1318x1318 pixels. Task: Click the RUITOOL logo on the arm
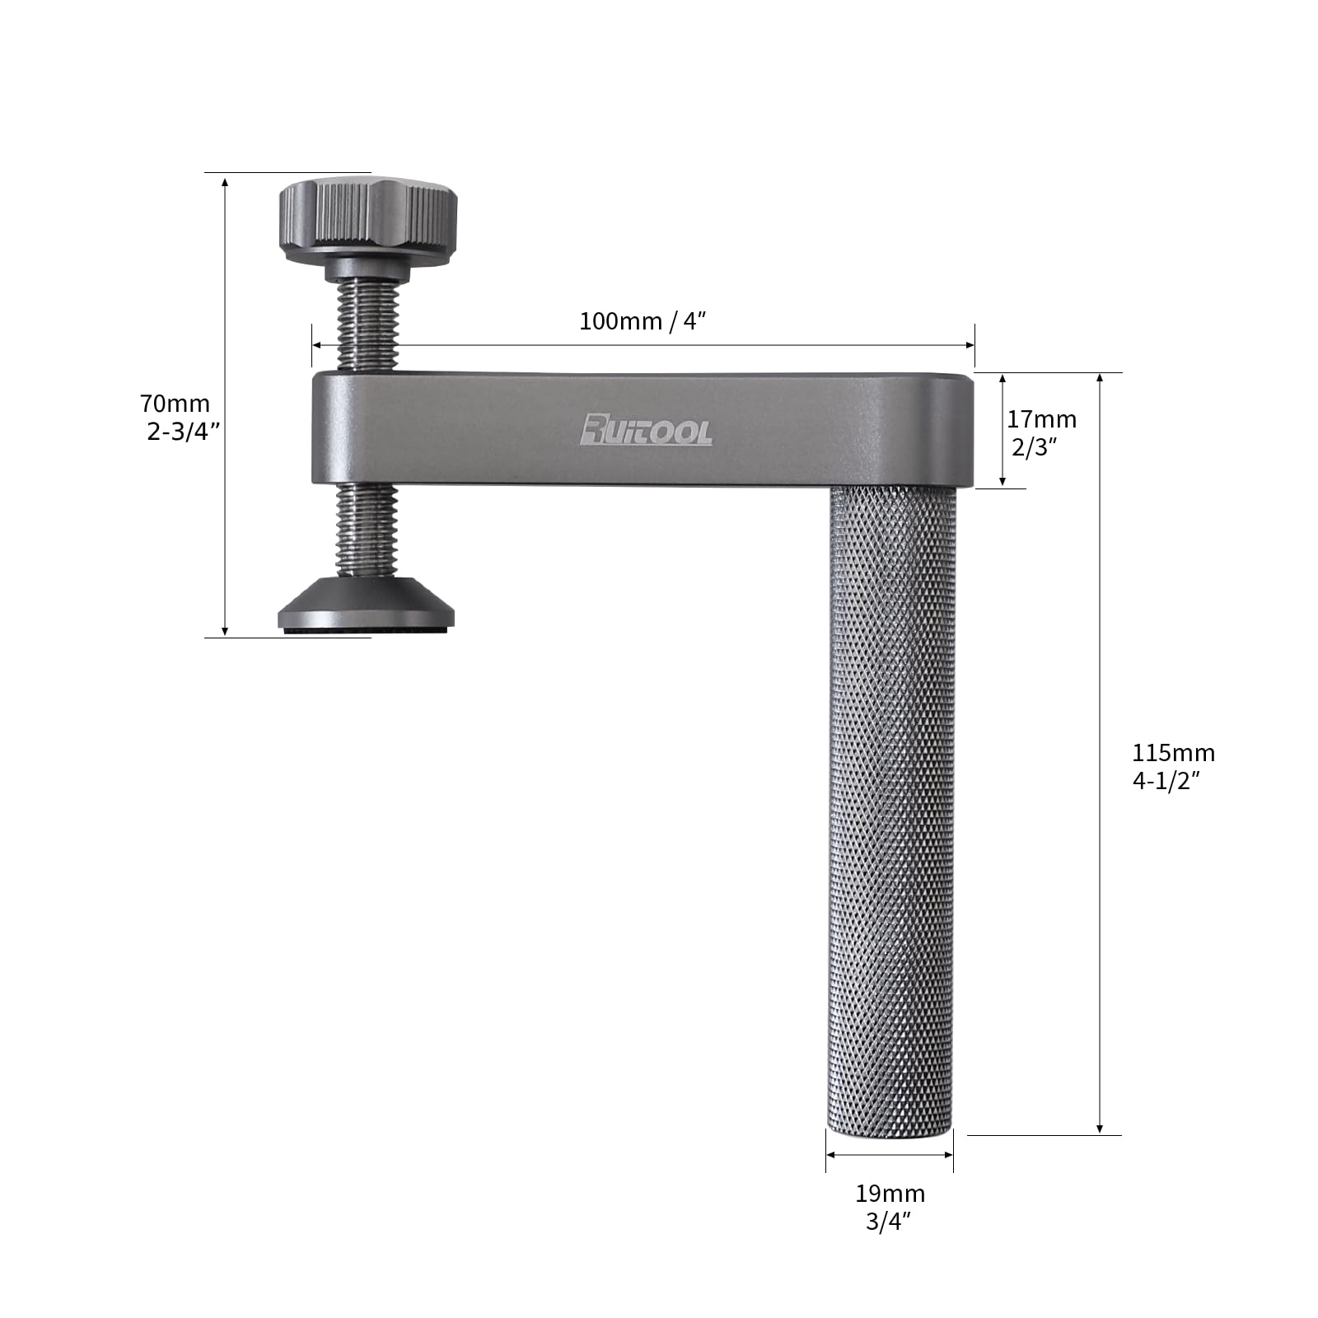646,430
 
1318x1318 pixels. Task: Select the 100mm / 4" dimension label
643,321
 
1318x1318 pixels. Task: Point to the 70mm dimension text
175,404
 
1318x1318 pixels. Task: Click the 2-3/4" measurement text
183,431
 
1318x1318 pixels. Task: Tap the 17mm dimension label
1041,419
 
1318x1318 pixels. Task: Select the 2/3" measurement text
1034,447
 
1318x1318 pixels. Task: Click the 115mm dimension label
1173,753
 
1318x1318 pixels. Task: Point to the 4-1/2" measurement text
1166,781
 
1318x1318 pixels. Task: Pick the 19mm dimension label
890,1194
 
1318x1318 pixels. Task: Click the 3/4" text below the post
888,1222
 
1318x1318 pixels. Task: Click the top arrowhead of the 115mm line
1100,378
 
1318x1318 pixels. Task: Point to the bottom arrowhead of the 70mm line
225,631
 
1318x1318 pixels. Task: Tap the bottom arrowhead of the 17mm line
1003,483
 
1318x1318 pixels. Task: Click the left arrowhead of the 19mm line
831,1155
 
